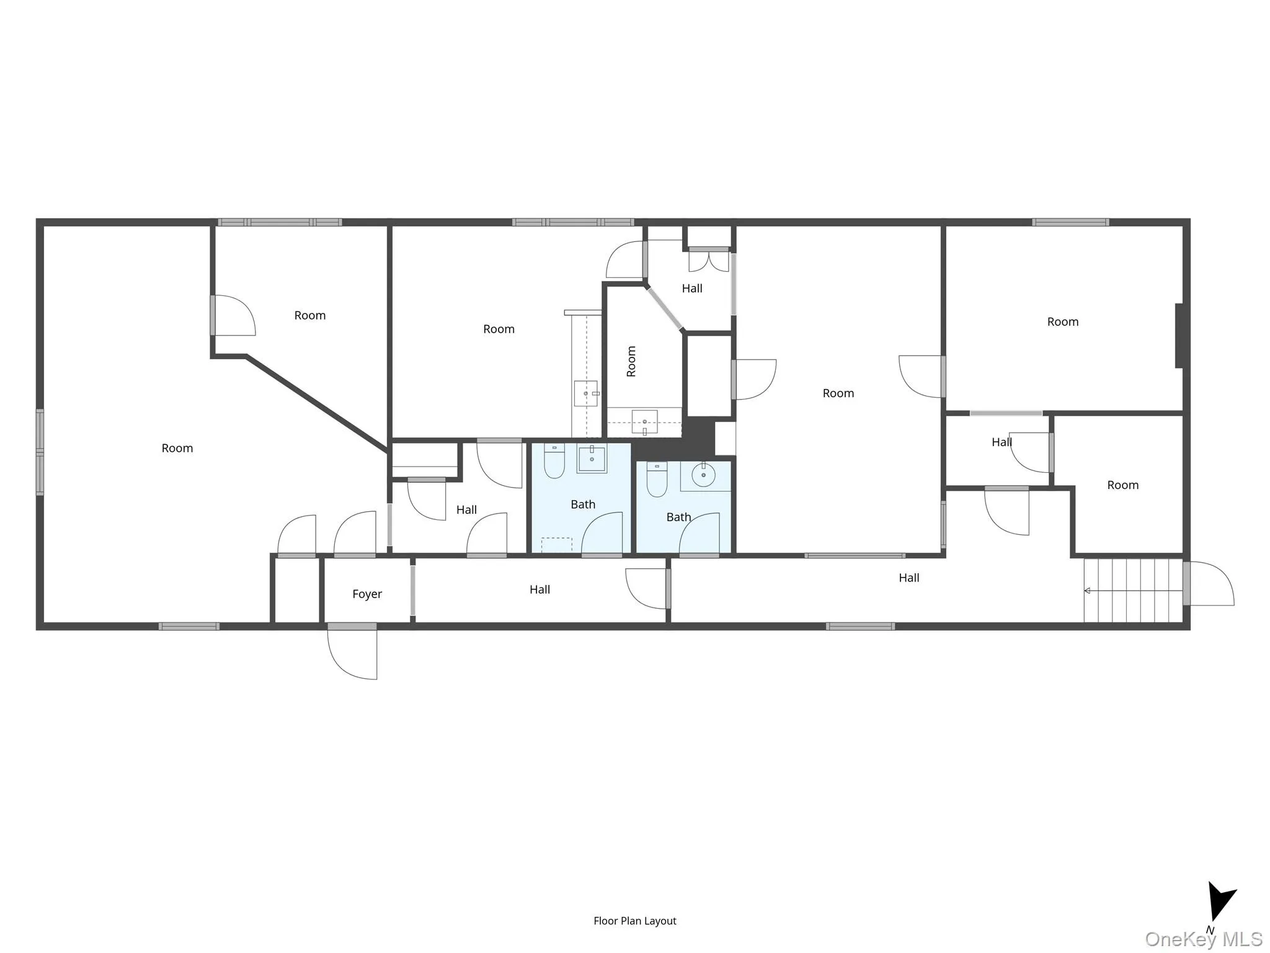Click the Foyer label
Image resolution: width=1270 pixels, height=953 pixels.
pos(367,594)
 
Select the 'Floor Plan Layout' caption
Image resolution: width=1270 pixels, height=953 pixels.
pos(634,921)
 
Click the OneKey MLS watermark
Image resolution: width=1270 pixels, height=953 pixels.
pos(1204,939)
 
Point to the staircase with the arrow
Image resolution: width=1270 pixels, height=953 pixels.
pos(1133,590)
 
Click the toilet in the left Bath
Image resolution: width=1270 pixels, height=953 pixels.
pos(554,461)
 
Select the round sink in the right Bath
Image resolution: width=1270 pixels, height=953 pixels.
pos(703,475)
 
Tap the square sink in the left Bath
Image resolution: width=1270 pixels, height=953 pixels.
pos(592,459)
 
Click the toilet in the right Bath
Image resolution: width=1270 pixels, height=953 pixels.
pos(657,480)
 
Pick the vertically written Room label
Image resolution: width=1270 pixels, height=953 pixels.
pos(631,361)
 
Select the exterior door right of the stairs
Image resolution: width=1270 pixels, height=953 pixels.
pos(1210,583)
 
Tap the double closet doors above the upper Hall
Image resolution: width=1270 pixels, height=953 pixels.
pos(709,261)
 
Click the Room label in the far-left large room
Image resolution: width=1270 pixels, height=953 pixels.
pos(177,448)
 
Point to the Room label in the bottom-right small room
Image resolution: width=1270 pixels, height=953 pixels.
pos(1122,485)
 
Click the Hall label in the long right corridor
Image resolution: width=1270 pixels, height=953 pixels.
pos(908,578)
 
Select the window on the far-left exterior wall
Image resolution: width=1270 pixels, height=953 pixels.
pos(40,452)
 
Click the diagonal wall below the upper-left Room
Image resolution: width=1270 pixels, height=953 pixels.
pos(317,402)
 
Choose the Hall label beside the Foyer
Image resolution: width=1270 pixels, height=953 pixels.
pos(540,589)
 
